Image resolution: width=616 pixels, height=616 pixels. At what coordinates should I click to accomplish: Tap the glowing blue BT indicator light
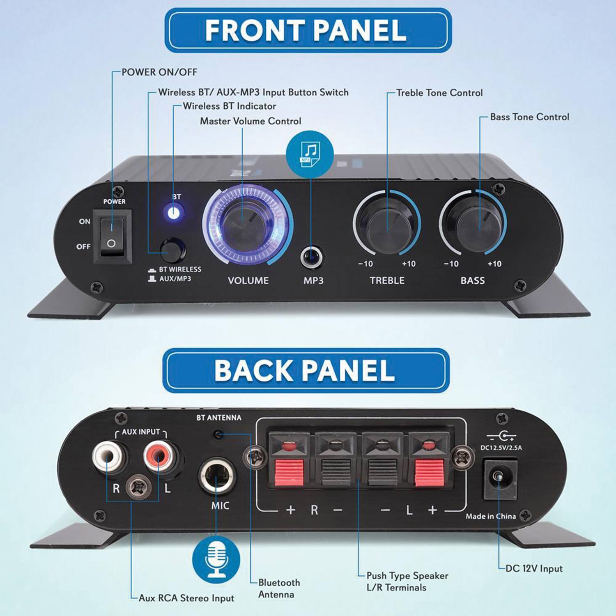pyautogui.click(x=174, y=213)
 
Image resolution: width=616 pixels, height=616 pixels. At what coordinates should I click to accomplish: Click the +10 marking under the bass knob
pyautogui.click(x=494, y=264)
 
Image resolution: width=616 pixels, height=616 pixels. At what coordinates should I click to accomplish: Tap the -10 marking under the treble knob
pyautogui.click(x=365, y=264)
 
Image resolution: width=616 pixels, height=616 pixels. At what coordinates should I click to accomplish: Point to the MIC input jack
pyautogui.click(x=216, y=476)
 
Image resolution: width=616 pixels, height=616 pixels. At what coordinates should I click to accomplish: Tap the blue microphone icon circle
pyautogui.click(x=216, y=559)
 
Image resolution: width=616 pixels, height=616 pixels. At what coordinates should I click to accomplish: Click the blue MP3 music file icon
pyautogui.click(x=310, y=154)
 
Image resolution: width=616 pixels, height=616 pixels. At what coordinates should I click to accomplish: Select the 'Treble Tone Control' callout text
pyautogui.click(x=439, y=93)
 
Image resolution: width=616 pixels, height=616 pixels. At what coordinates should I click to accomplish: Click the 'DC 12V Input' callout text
pyautogui.click(x=534, y=569)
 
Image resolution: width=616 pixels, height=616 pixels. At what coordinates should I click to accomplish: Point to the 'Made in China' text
pyautogui.click(x=491, y=516)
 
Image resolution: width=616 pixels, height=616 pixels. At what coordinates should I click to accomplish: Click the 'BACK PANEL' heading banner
pyautogui.click(x=304, y=370)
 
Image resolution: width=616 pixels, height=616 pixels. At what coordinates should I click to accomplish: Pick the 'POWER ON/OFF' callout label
pyautogui.click(x=159, y=72)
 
